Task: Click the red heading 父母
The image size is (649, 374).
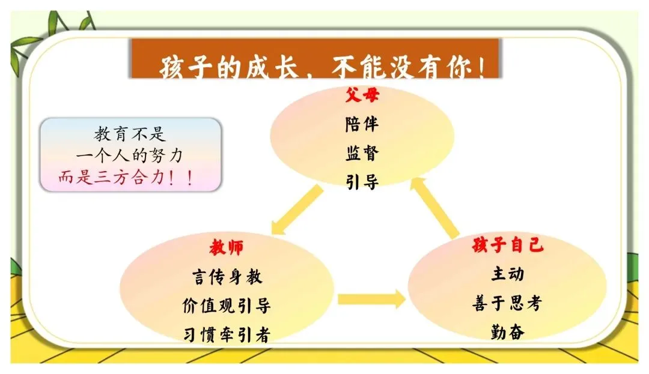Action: coord(362,95)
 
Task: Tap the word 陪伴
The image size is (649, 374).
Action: coord(362,125)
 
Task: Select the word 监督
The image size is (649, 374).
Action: coord(362,153)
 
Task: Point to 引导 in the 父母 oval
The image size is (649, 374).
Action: coord(362,182)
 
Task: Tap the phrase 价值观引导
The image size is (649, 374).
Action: coord(227,306)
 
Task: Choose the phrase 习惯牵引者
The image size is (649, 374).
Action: coord(227,334)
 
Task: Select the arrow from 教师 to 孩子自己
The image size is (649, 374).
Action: coord(371,298)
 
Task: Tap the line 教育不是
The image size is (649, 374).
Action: coord(130,134)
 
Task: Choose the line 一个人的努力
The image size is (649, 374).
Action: coord(130,156)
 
